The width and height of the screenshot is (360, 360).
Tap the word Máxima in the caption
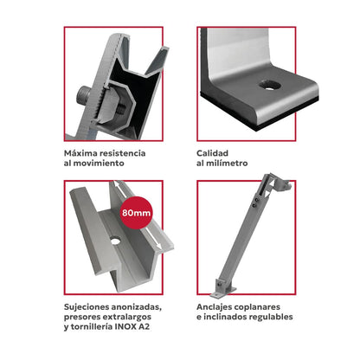pos(81,152)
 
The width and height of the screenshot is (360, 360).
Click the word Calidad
pos(213,152)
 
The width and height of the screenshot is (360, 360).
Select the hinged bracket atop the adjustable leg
pos(275,184)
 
